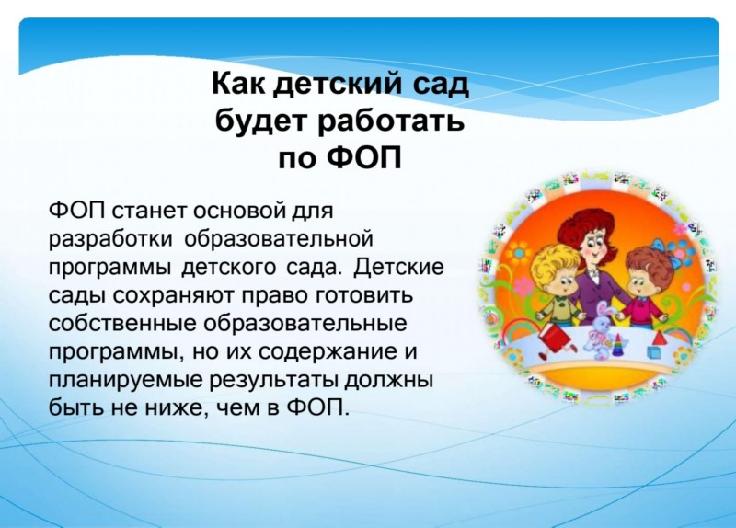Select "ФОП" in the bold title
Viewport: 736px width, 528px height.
click(x=364, y=157)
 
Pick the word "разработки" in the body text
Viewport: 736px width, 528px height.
click(x=110, y=239)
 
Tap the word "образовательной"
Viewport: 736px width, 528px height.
click(x=279, y=239)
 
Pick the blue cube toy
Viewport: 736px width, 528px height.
click(x=653, y=352)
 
